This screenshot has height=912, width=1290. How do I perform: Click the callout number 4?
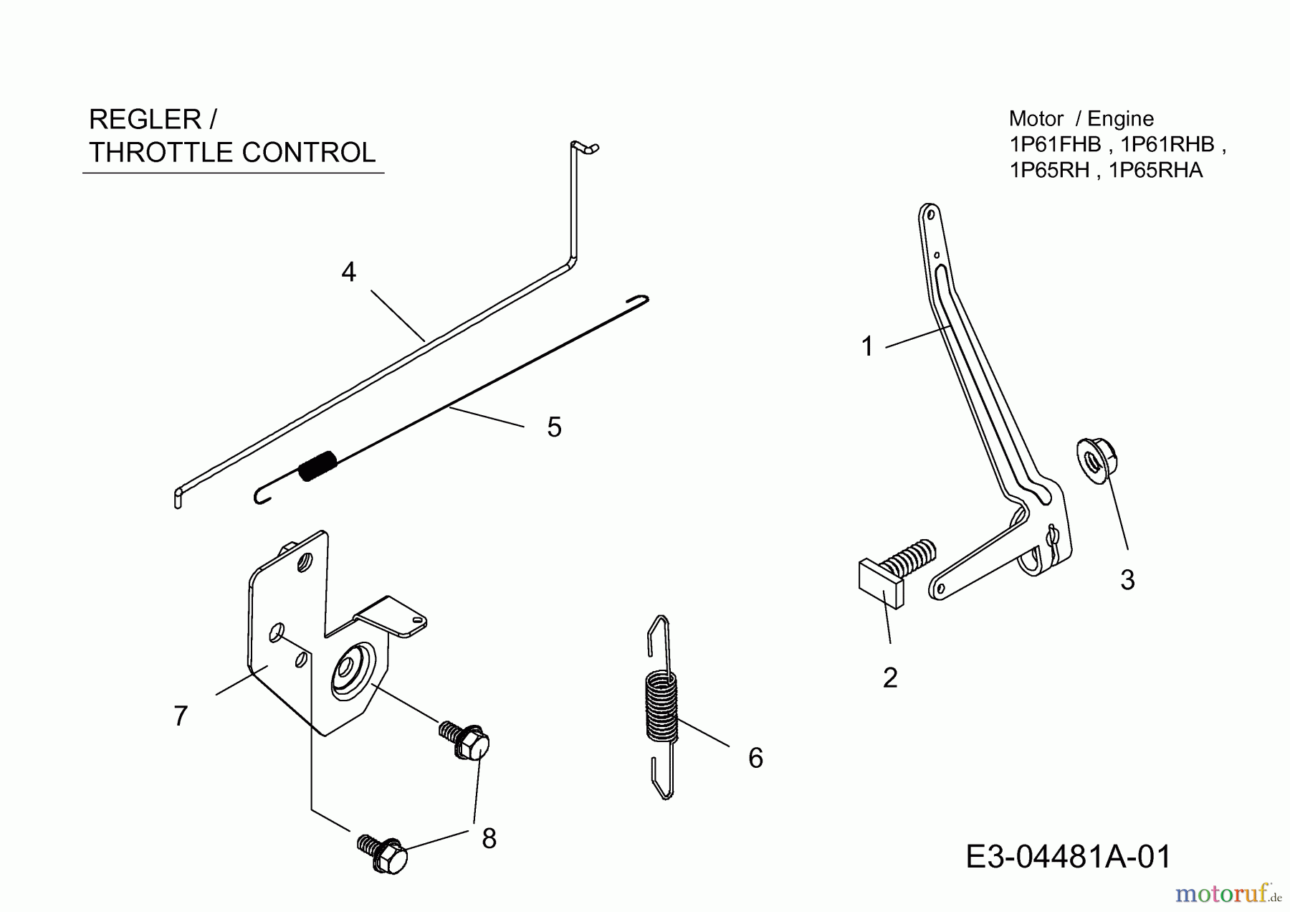click(x=349, y=272)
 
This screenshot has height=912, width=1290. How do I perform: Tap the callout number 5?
click(x=554, y=427)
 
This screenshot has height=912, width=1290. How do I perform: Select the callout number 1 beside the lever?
click(x=867, y=346)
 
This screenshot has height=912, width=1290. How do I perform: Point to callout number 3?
click(x=1127, y=580)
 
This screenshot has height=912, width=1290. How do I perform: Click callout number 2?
click(x=890, y=678)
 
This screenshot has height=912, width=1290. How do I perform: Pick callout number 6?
click(x=755, y=758)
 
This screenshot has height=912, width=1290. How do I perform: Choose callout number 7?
click(x=181, y=716)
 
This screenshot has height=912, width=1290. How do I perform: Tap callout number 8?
click(x=489, y=838)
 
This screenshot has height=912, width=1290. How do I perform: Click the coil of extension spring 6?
click(x=661, y=706)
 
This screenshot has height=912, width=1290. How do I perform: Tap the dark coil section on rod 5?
click(x=317, y=466)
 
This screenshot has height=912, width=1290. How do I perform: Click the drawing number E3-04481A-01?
click(x=1069, y=856)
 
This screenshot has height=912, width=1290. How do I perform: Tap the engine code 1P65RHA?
click(x=1155, y=170)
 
